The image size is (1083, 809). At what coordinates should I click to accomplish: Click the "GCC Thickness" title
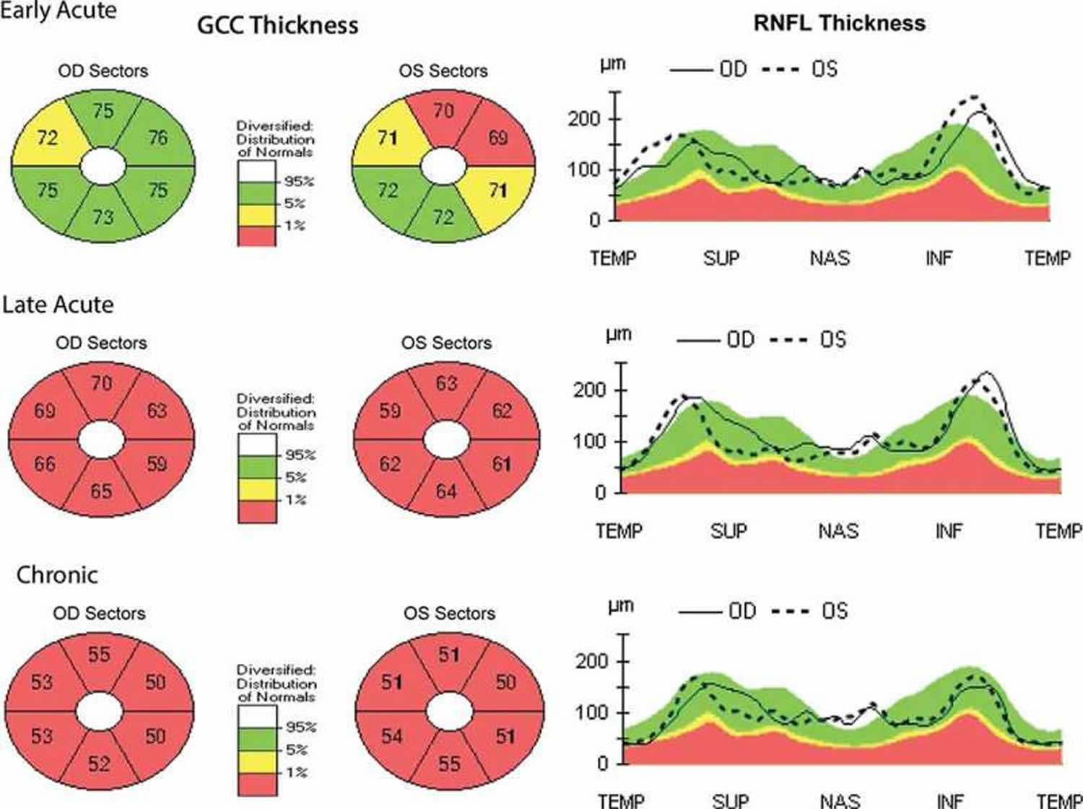coord(277,25)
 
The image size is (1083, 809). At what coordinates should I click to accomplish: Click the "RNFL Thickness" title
coord(839,23)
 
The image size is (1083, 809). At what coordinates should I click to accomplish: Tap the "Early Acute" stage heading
coord(58,10)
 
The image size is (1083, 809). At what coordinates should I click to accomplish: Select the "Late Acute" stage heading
coord(58,305)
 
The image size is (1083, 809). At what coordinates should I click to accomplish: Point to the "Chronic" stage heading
coord(57,575)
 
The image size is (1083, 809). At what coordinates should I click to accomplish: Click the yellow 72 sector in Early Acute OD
coord(47,137)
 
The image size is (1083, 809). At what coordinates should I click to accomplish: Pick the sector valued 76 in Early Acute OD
coord(157,137)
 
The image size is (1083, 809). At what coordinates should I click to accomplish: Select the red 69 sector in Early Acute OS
coord(497,137)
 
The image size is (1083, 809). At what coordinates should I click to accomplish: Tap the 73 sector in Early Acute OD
coord(103,217)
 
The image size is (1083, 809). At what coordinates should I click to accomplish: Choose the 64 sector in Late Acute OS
coord(446,491)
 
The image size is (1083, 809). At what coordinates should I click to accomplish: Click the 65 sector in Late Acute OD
coord(101,491)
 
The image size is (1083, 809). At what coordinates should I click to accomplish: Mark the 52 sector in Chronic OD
coord(99,763)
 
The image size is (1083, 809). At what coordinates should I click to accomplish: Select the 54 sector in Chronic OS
coord(392,736)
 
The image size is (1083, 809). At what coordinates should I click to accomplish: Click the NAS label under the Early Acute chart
coord(830,258)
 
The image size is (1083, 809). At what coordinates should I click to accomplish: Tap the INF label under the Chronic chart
coord(949,800)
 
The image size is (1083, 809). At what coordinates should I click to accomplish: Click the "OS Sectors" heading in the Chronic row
coord(449,613)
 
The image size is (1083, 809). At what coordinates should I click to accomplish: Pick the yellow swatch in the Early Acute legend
coord(256,214)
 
